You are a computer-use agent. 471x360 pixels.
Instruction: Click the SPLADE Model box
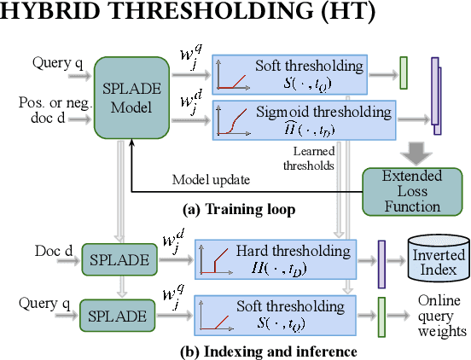coord(131,95)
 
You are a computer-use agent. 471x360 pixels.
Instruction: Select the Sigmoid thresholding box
coord(304,119)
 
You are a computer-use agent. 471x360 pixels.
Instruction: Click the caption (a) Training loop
coord(235,208)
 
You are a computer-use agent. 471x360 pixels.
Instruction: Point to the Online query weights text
coord(440,315)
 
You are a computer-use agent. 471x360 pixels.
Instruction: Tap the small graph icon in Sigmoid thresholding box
coord(230,120)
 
